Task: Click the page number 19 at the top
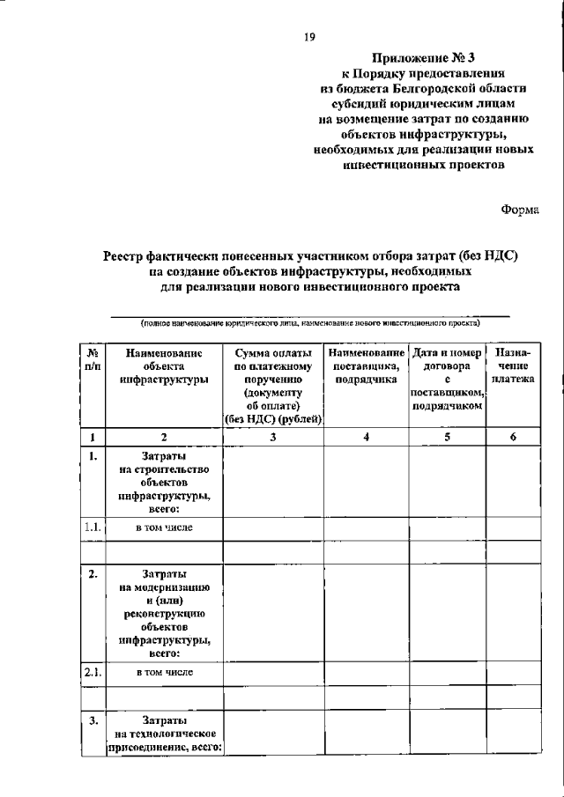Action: tap(309, 36)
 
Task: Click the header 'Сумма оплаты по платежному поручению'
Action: tap(274, 386)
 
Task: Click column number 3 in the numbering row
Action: tap(274, 437)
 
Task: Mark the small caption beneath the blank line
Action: tap(308, 323)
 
